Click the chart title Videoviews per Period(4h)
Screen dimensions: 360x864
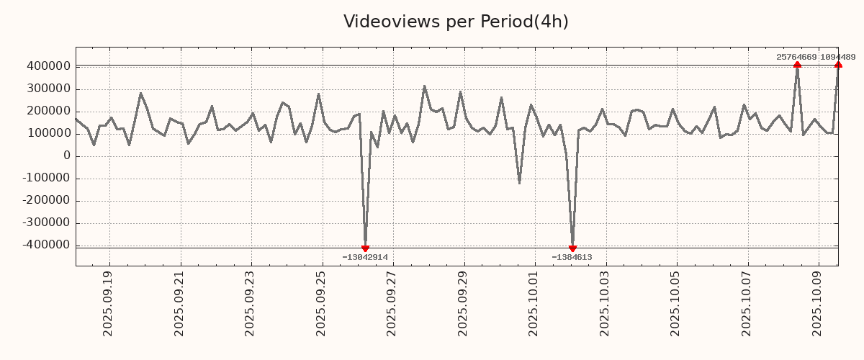click(x=456, y=22)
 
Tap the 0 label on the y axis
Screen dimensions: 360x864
click(x=66, y=156)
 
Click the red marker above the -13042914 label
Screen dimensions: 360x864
click(x=365, y=248)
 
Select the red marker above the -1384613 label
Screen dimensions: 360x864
click(x=572, y=248)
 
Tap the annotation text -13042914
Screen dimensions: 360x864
click(x=365, y=257)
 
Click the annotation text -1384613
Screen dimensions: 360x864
click(x=572, y=257)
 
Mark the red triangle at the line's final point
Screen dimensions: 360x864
click(x=838, y=65)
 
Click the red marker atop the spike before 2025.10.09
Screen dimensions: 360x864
click(x=797, y=65)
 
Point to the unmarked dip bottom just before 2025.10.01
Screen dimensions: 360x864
click(x=519, y=183)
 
